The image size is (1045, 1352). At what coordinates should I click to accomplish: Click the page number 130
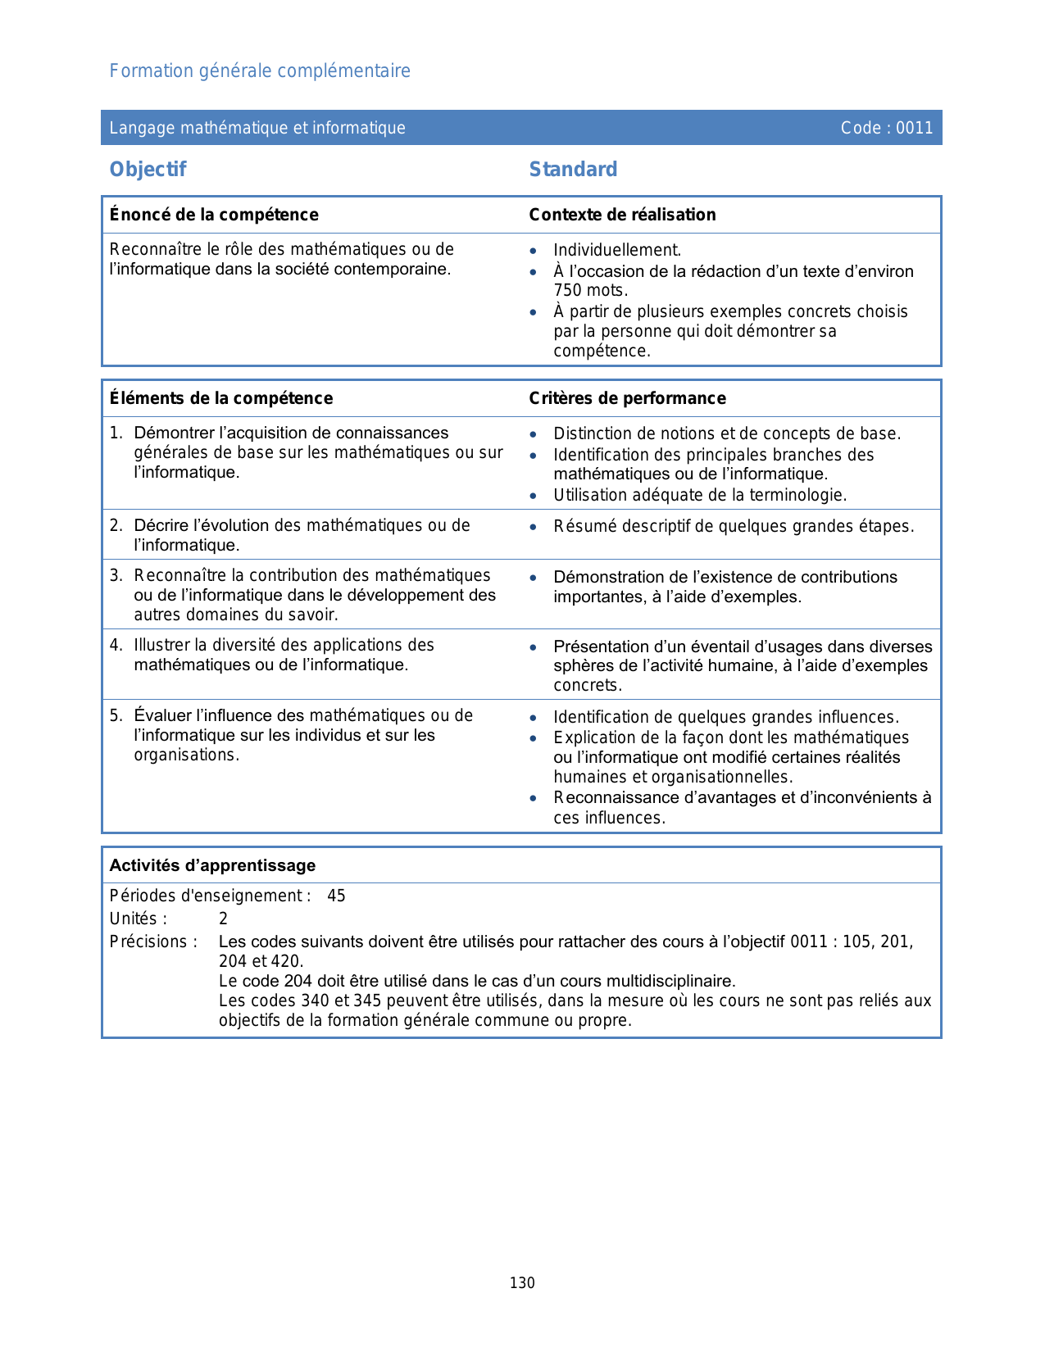click(x=522, y=1283)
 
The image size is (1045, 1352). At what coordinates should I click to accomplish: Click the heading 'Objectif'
click(x=148, y=170)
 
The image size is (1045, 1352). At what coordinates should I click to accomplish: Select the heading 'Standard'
click(x=573, y=170)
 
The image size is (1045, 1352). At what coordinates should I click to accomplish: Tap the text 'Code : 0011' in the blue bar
click(x=887, y=128)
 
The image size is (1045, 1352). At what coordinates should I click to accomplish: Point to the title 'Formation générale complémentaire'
click(x=260, y=71)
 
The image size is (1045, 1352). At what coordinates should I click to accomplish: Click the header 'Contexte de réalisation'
click(x=622, y=215)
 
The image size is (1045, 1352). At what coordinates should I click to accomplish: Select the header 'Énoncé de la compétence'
click(x=214, y=215)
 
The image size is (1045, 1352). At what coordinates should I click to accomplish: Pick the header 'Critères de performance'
click(x=627, y=398)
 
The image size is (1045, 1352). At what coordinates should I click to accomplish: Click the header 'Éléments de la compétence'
click(x=221, y=398)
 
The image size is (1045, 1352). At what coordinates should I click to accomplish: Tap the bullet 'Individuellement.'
click(x=617, y=250)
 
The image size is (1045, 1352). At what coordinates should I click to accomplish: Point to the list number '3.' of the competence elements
click(x=116, y=576)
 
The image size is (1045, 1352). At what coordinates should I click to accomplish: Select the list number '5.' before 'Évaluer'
click(x=116, y=716)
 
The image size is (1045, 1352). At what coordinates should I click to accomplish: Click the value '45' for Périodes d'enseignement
click(x=336, y=896)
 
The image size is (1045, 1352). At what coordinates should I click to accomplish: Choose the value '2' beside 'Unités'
click(x=223, y=919)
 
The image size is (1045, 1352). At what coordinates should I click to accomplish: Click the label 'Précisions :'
click(x=154, y=941)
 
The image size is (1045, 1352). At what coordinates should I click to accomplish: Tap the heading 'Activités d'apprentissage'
click(x=213, y=865)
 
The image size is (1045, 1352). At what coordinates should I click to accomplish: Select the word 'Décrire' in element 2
click(x=161, y=525)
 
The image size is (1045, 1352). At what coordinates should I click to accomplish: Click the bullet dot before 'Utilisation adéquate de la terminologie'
click(x=534, y=496)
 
